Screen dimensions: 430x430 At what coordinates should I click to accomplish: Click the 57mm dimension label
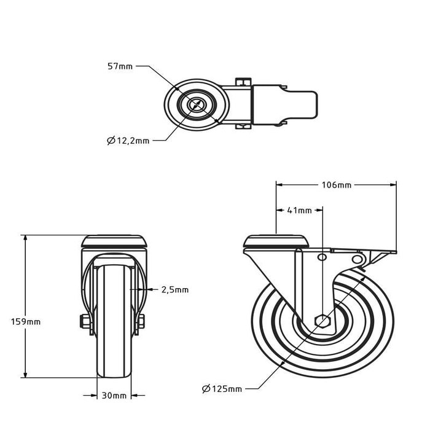(120, 65)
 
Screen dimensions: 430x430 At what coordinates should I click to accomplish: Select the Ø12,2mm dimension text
(128, 141)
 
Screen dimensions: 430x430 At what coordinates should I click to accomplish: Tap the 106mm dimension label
(335, 184)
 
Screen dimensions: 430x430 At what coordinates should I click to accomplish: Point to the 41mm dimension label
(299, 210)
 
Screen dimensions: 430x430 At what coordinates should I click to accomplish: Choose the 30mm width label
(114, 395)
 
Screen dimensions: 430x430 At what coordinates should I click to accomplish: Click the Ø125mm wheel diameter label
(221, 388)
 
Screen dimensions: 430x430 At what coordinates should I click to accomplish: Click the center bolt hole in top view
(197, 104)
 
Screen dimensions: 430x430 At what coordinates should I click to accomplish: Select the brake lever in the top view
(301, 104)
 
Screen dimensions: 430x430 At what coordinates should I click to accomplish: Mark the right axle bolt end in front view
(142, 321)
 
